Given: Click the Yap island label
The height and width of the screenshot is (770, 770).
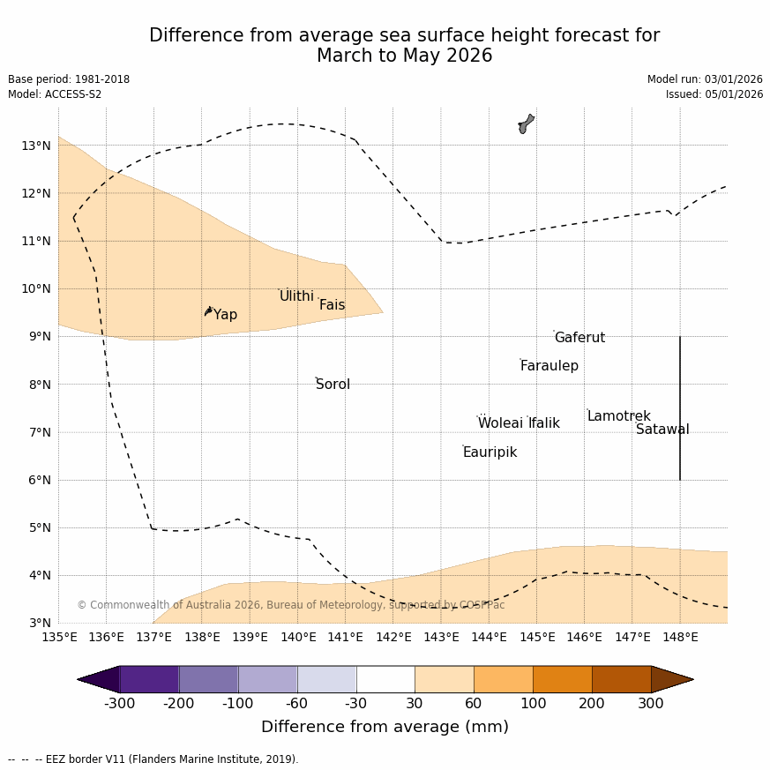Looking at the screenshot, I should (225, 315).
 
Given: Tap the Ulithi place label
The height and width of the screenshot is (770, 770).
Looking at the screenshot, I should (296, 296).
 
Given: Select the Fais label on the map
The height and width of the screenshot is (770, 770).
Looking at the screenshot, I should (332, 305).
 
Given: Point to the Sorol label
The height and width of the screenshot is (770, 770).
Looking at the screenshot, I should (333, 385).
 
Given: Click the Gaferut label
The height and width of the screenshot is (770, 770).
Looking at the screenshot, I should (579, 338).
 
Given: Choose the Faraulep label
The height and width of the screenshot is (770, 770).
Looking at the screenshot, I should (549, 366).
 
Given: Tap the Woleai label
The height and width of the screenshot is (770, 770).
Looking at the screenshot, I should (500, 423).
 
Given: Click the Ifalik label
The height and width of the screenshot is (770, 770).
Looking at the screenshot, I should (544, 423).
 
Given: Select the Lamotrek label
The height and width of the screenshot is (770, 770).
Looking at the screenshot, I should (618, 416).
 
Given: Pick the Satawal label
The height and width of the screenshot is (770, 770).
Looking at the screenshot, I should (662, 430).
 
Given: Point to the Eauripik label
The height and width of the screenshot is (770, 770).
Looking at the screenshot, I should (490, 452).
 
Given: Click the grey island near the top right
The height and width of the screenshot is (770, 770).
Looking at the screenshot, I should (526, 123).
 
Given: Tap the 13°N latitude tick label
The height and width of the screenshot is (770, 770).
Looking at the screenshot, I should (36, 146).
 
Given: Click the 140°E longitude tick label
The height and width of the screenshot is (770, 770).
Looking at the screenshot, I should (297, 637).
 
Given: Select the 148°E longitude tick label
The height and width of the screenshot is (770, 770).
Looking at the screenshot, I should (680, 637).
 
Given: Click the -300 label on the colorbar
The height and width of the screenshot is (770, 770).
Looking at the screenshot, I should (119, 704).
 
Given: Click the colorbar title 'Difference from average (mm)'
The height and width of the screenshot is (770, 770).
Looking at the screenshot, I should (385, 727).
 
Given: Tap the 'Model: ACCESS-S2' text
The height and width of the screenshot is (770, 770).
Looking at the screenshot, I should (55, 94).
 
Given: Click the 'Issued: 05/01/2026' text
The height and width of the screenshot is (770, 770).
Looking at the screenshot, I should (714, 94).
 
